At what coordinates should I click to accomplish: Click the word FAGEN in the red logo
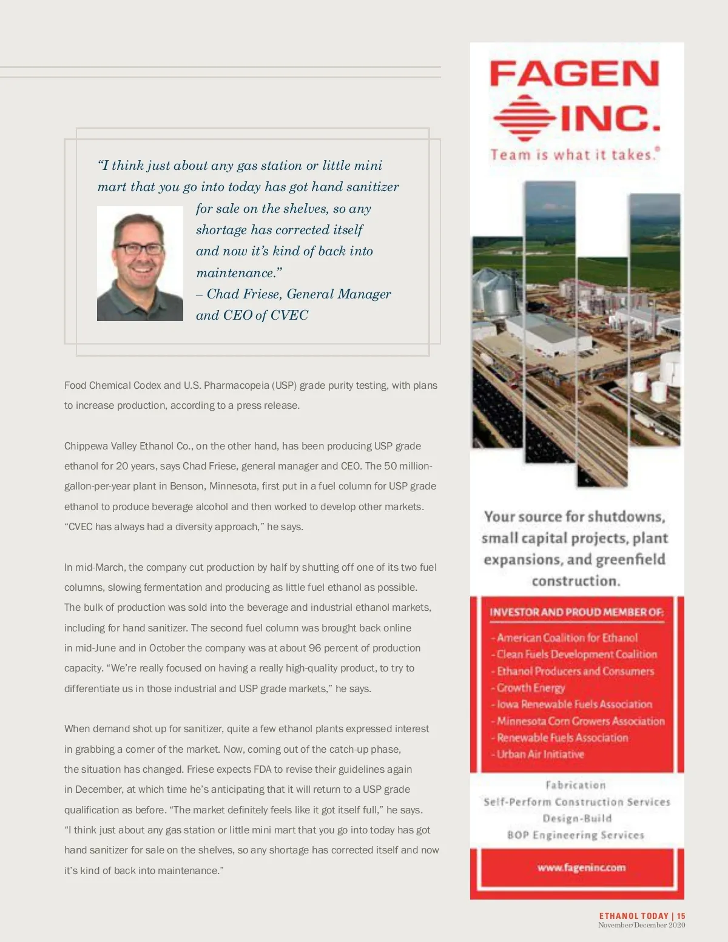pos(574,74)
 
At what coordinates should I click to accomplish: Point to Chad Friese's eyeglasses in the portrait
pos(140,248)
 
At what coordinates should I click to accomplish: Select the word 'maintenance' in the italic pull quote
pos(235,273)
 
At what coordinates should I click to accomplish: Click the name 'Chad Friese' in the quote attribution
pos(244,294)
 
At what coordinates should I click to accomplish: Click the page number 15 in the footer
pos(681,916)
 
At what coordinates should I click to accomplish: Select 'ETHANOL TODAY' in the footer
pos(633,916)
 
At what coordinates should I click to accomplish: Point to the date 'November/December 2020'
pos(641,925)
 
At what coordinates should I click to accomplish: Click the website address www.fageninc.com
pos(581,867)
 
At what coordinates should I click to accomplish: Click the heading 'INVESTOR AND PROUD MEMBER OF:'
pos(576,613)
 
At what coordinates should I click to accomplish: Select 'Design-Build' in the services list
pos(577,818)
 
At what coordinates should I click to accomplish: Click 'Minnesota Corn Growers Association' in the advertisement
pos(581,721)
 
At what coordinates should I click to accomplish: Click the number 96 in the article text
pos(315,648)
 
